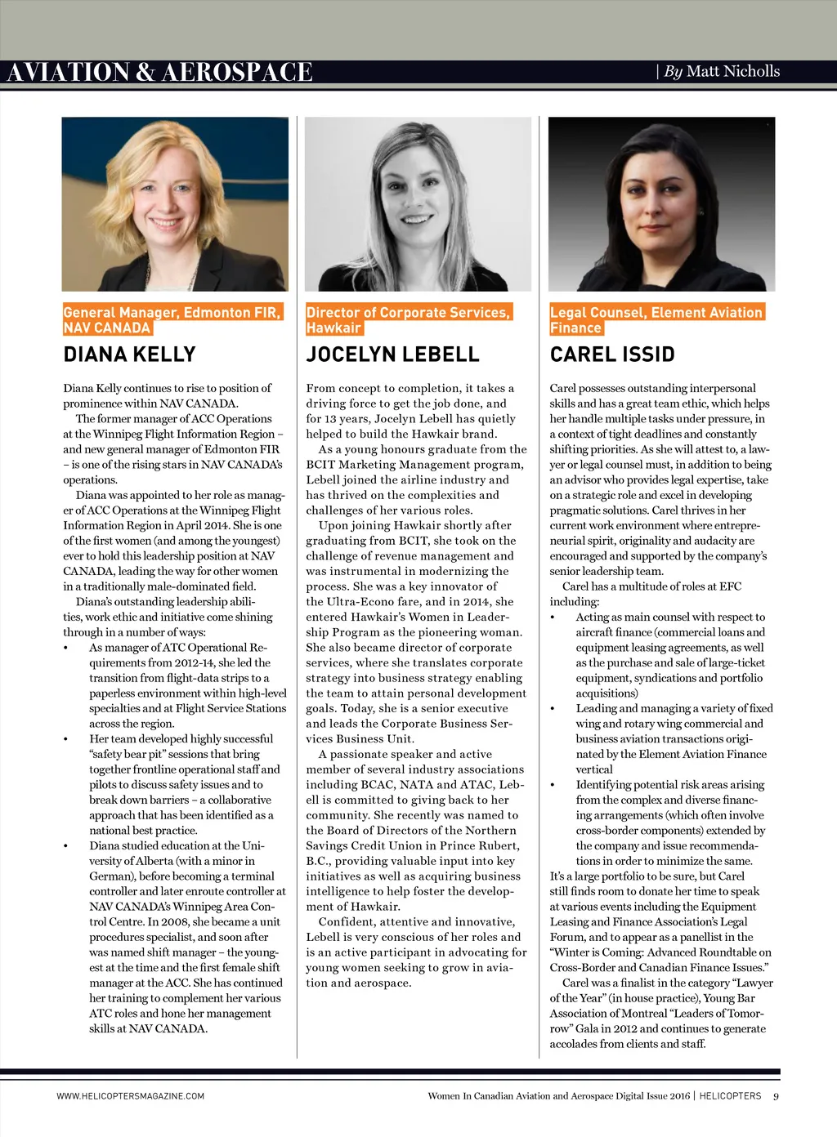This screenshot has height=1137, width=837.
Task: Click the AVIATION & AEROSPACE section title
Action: (x=159, y=73)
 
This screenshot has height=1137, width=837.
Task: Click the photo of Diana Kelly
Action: (x=175, y=204)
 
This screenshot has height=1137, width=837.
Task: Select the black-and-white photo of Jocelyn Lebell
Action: (x=418, y=204)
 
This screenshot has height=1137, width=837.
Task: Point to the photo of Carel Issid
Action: (x=661, y=204)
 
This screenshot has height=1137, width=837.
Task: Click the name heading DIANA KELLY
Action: (x=129, y=354)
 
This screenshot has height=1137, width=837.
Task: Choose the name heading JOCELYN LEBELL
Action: (x=392, y=354)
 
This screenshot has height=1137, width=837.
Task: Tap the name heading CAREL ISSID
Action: (x=612, y=354)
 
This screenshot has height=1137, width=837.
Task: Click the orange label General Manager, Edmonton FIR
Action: (x=172, y=313)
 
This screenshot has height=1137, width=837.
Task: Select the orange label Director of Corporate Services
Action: (x=408, y=313)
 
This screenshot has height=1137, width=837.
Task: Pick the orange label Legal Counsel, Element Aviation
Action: (x=656, y=313)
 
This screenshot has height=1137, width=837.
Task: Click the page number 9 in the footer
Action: (x=776, y=1096)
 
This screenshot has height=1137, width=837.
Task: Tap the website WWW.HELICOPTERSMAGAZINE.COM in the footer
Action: (x=131, y=1096)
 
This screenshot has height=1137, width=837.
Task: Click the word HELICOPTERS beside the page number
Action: (x=730, y=1096)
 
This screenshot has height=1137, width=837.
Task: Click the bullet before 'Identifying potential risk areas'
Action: (x=553, y=785)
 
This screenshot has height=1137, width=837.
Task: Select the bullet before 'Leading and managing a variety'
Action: (x=553, y=709)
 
